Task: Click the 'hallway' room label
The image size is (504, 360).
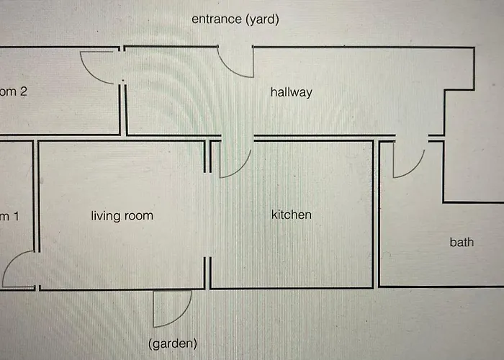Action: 291,92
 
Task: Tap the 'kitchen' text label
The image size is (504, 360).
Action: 291,215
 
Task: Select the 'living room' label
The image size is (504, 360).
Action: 122,215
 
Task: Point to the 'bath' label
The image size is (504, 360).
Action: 462,242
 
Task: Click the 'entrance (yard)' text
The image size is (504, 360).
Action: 235,19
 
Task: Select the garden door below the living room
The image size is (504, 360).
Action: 171,308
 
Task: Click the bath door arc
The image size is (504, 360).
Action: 408,161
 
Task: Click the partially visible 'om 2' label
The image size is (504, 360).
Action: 14,92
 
